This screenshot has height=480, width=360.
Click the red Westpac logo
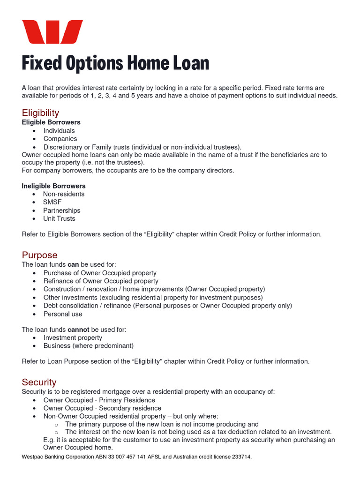pos(52,32)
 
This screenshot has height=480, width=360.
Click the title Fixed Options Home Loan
pos(115,63)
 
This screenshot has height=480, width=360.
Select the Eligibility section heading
pos(40,112)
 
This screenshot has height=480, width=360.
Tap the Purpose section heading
pos(39,255)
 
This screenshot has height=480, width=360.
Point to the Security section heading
pos(39,382)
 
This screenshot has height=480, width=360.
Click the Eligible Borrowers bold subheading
pos(51,122)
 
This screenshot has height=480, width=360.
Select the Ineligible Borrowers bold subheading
pos(53,186)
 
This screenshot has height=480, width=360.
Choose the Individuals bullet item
pos(59,131)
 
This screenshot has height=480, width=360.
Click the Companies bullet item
pos(60,139)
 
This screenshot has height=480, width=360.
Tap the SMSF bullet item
pos(52,202)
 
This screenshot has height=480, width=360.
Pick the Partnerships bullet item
pos(62,210)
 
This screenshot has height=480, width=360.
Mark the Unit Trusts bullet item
pos(59,218)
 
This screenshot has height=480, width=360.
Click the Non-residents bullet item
pos(64,194)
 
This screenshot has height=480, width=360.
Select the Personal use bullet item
pos(63,314)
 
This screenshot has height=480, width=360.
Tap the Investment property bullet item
pos(73,337)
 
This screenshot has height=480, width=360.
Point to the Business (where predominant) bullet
pos(89,346)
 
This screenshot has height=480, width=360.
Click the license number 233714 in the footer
pos(240,457)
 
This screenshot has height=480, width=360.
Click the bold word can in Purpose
pos(73,265)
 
